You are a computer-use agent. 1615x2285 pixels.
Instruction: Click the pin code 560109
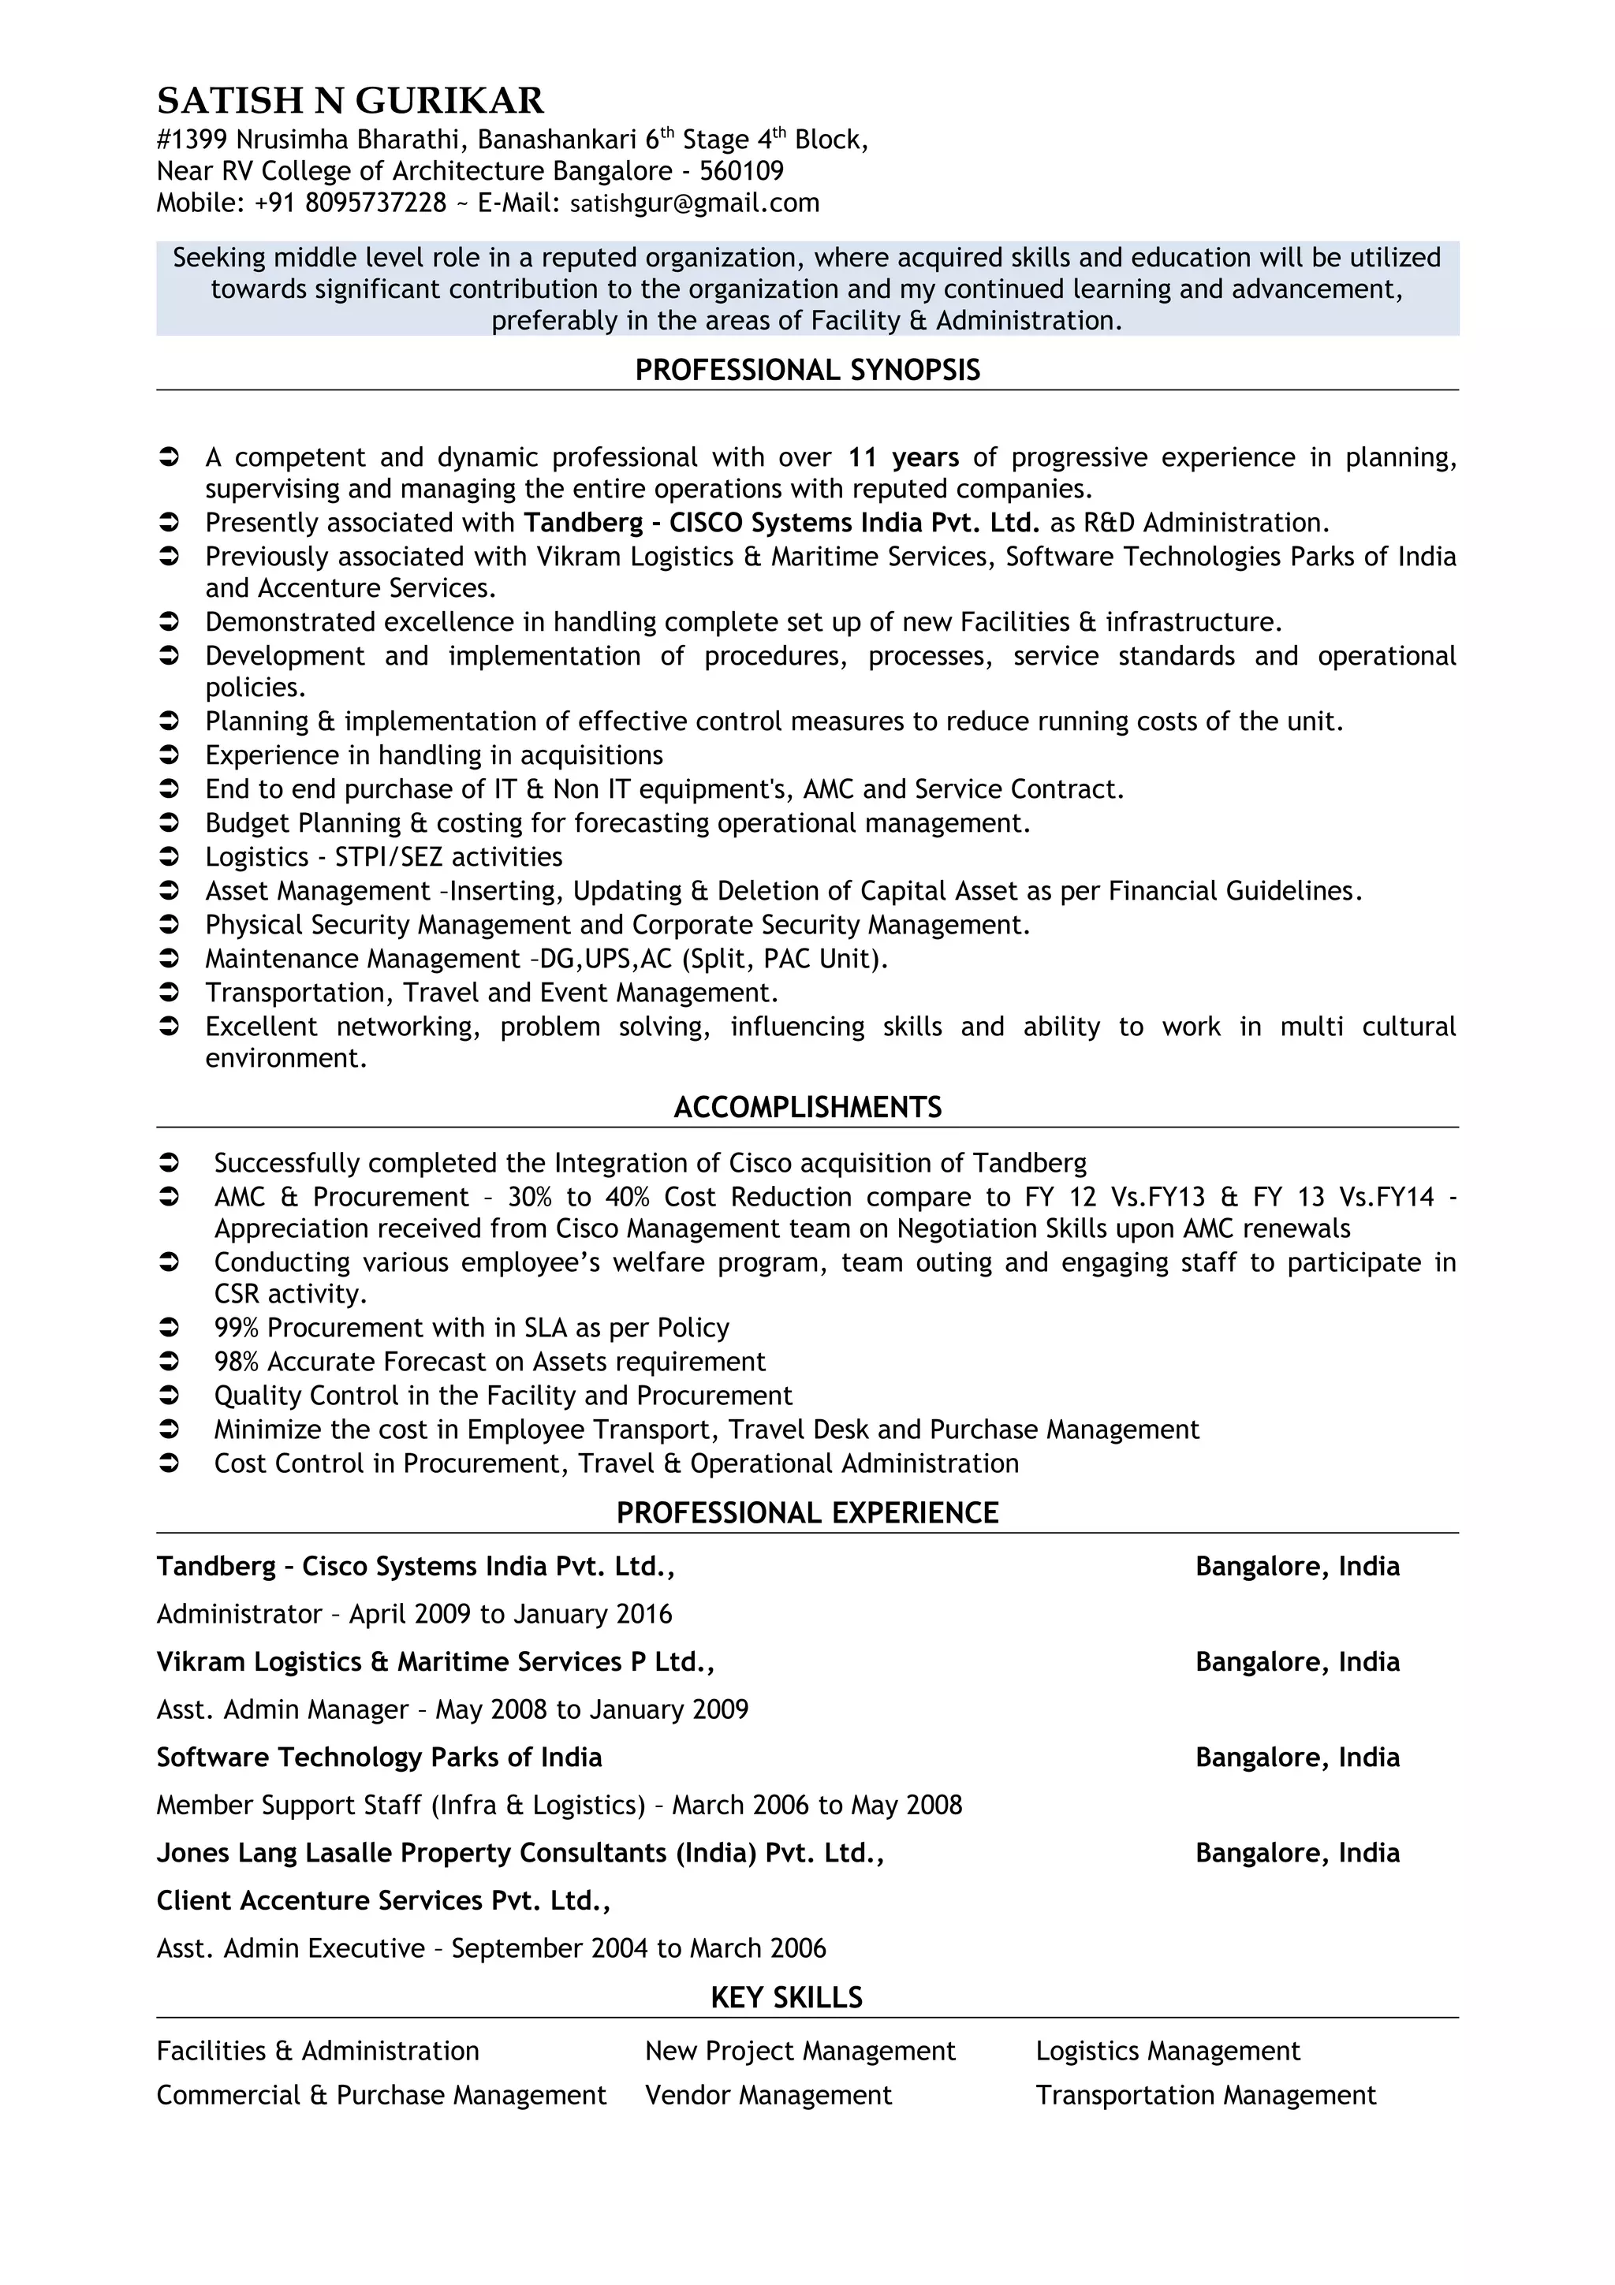(741, 171)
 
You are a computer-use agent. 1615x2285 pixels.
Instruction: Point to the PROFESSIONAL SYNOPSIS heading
(807, 371)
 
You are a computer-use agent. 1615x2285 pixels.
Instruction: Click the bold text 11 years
(904, 458)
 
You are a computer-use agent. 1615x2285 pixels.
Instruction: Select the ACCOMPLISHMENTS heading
(807, 1108)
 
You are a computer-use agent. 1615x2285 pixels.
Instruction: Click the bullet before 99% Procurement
(170, 1328)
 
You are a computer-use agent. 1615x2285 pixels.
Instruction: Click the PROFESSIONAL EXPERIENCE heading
(807, 1513)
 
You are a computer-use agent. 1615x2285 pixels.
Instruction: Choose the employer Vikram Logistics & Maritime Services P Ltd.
(435, 1662)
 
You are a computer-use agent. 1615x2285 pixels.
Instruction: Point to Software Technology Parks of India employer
(379, 1758)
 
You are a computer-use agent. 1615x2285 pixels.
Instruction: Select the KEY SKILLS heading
(786, 1997)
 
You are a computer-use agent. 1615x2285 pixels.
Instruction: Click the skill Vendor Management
(768, 2095)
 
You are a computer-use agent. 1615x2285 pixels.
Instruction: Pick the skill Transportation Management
(1205, 2095)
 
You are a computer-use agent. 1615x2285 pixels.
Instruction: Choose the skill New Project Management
(800, 2050)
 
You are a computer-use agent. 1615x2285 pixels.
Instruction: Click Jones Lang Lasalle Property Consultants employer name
(520, 1853)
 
